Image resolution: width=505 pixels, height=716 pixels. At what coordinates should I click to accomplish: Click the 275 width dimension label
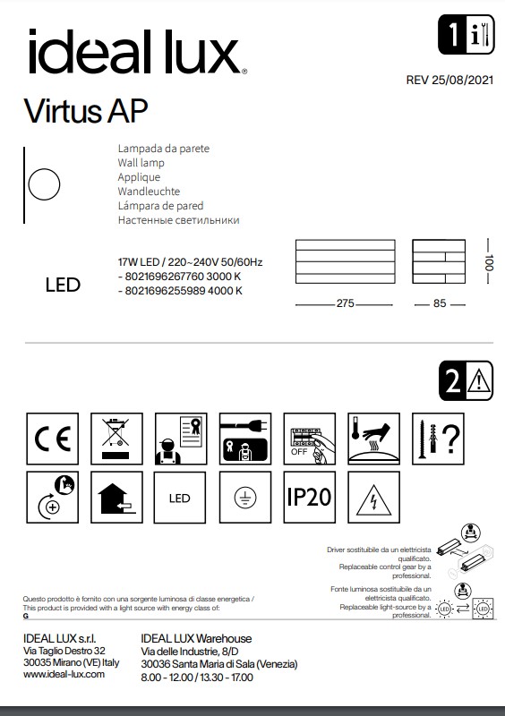[x=346, y=304]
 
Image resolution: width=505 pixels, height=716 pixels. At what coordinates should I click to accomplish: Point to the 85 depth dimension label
[x=439, y=304]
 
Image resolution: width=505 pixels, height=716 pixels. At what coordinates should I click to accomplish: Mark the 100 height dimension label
[x=489, y=265]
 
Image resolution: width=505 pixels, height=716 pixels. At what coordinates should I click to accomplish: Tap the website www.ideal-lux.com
[x=64, y=675]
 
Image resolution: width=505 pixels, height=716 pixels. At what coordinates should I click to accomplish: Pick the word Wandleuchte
[x=149, y=192]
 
